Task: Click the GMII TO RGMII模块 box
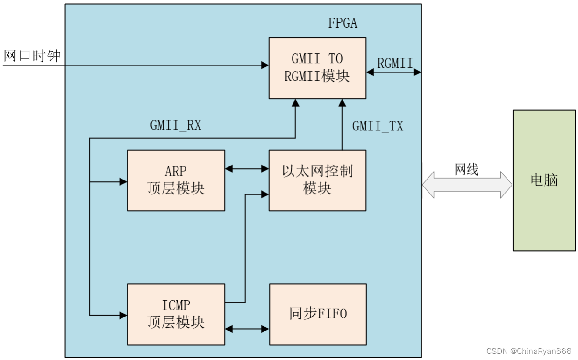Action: click(317, 68)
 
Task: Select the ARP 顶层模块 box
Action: click(176, 180)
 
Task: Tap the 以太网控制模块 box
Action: click(317, 180)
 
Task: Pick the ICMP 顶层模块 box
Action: click(176, 314)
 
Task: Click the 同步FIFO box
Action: click(318, 314)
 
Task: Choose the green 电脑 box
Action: click(544, 180)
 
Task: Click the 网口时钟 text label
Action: click(32, 56)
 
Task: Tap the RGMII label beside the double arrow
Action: click(395, 63)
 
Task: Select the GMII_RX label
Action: click(176, 125)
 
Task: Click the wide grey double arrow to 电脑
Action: click(467, 185)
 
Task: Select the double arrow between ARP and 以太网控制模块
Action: click(247, 169)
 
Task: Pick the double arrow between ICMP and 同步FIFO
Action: click(247, 329)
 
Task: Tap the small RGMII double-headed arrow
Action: click(394, 72)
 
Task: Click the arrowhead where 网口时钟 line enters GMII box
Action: click(265, 65)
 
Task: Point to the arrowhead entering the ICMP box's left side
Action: click(123, 316)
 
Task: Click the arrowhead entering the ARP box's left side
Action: click(123, 182)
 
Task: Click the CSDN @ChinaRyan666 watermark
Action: click(528, 351)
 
